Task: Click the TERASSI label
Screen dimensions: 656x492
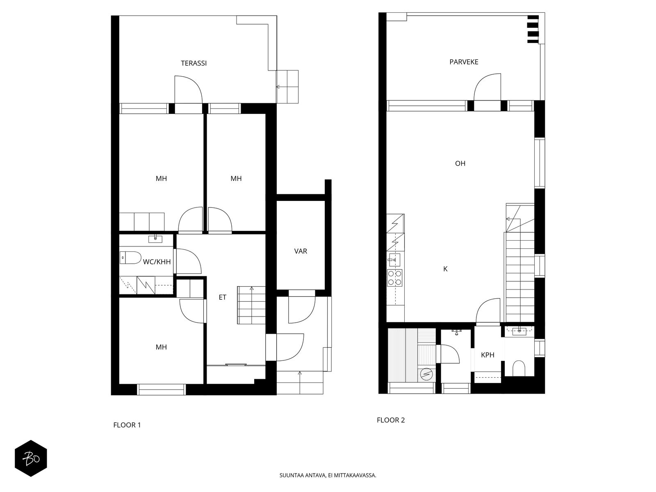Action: (x=194, y=63)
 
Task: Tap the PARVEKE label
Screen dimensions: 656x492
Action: (x=464, y=62)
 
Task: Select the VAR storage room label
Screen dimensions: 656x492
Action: (x=301, y=251)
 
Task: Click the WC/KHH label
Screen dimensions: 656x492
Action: (x=157, y=262)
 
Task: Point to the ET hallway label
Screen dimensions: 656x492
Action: (x=222, y=297)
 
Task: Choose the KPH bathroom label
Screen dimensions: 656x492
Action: (x=488, y=355)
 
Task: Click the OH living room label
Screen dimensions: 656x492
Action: (x=460, y=164)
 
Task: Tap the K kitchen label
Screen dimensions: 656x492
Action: (x=445, y=269)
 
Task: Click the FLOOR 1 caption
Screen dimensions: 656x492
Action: (x=127, y=425)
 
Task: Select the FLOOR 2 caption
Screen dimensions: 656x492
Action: (x=391, y=420)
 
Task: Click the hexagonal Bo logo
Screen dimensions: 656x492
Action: (x=31, y=458)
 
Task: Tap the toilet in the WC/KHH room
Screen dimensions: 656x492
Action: (x=130, y=257)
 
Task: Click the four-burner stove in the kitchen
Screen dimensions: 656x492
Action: (x=394, y=278)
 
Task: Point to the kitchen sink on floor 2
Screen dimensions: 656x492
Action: (x=394, y=260)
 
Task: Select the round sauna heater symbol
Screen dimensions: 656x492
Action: (x=426, y=374)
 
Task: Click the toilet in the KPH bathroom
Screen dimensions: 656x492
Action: (x=519, y=368)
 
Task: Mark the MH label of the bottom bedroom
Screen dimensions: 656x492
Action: (x=161, y=347)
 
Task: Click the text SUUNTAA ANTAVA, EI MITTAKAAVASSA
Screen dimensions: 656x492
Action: (x=328, y=475)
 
